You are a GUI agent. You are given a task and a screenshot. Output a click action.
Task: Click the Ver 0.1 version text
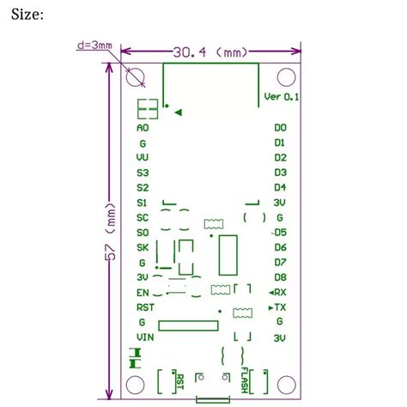281,96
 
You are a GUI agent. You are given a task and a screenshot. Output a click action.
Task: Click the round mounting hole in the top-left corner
136,78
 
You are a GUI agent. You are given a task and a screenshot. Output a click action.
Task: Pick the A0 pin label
143,128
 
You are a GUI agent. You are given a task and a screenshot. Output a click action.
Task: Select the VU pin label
143,158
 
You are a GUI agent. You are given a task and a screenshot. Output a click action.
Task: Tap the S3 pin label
143,173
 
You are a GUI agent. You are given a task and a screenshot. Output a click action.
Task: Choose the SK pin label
143,247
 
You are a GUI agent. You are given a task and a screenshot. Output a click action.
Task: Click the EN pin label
143,292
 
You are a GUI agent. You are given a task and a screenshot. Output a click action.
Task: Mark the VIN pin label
144,337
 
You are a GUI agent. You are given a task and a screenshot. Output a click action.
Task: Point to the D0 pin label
280,128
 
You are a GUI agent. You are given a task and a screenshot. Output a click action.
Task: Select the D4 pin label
280,187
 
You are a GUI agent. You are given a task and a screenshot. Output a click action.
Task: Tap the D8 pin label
280,277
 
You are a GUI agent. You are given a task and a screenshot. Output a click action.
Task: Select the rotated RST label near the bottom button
179,379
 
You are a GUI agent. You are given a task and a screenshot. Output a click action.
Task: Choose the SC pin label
143,217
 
